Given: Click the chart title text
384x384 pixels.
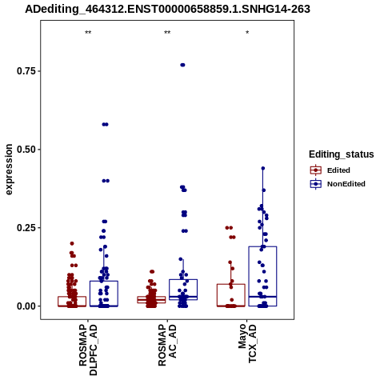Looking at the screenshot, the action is pyautogui.click(x=167, y=9).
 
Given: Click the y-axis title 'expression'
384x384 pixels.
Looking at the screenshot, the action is pyautogui.click(x=9, y=170).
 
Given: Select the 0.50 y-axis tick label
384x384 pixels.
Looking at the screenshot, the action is pyautogui.click(x=26, y=150).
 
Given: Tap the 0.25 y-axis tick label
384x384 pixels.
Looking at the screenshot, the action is pyautogui.click(x=26, y=228).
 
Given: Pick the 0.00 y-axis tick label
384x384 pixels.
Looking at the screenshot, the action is pyautogui.click(x=26, y=306).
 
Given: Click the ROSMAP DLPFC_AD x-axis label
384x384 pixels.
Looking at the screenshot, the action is pyautogui.click(x=88, y=350).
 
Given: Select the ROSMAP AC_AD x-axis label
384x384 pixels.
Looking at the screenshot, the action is pyautogui.click(x=167, y=345).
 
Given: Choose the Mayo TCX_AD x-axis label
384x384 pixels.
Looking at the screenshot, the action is pyautogui.click(x=247, y=343).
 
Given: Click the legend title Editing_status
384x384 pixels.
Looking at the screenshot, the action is pyautogui.click(x=342, y=154).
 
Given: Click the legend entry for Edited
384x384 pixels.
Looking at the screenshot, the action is pyautogui.click(x=330, y=170).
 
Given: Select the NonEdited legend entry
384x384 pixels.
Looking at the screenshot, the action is pyautogui.click(x=338, y=184).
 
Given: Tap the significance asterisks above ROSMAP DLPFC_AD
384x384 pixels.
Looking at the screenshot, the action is pyautogui.click(x=88, y=33).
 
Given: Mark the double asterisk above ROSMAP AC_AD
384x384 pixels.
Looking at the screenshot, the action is pyautogui.click(x=167, y=33).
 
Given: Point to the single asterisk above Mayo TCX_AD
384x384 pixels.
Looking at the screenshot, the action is pyautogui.click(x=247, y=33).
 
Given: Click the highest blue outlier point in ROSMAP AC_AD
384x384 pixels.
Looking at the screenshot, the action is pyautogui.click(x=182, y=65).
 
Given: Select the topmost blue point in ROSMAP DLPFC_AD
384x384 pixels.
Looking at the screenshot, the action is pyautogui.click(x=105, y=124).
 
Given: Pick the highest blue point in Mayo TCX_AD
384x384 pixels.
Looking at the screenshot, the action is pyautogui.click(x=263, y=168).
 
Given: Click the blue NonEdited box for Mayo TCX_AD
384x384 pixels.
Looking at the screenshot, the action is pyautogui.click(x=262, y=246).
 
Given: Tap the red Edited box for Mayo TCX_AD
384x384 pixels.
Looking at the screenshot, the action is pyautogui.click(x=231, y=284).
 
